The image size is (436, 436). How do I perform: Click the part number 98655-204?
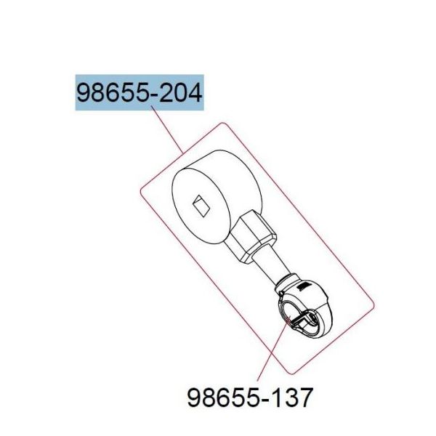tap(139, 92)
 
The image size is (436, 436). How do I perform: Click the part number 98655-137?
tap(250, 397)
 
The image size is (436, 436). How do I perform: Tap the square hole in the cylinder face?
tap(201, 205)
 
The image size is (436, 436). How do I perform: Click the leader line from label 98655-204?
tap(167, 130)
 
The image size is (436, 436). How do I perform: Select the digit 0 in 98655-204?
tap(181, 92)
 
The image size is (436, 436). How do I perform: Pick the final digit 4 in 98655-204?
tap(195, 92)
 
